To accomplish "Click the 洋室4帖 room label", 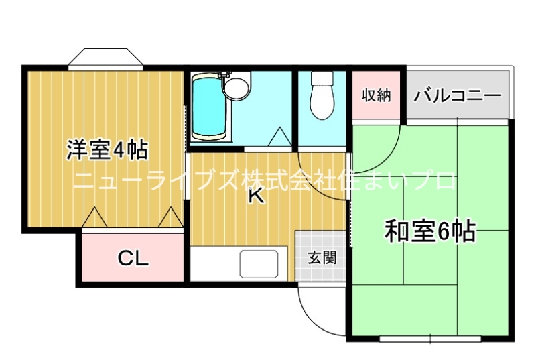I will pyautogui.click(x=107, y=150).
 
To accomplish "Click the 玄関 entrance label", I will pyautogui.click(x=322, y=257).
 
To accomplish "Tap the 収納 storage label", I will pyautogui.click(x=376, y=95).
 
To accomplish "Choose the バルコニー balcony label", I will pyautogui.click(x=458, y=95).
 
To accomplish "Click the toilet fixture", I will pyautogui.click(x=322, y=97).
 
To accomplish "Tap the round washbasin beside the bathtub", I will pyautogui.click(x=235, y=88).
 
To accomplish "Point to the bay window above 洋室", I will pyautogui.click(x=106, y=58).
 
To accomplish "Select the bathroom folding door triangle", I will pyautogui.click(x=279, y=137).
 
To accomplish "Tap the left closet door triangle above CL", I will pyautogui.click(x=94, y=217).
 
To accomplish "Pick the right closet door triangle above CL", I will pyautogui.click(x=172, y=217).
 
